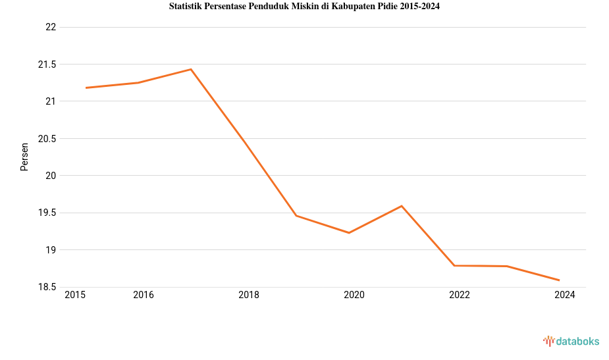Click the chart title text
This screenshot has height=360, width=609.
click(304, 7)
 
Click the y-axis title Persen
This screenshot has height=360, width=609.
click(24, 157)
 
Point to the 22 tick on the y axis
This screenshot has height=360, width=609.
click(51, 27)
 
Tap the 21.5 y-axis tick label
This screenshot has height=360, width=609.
click(47, 64)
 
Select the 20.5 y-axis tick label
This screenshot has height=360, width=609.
click(47, 139)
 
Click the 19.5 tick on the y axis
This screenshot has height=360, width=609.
click(47, 213)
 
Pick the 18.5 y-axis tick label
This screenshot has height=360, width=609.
click(47, 287)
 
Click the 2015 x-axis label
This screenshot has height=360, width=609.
click(75, 296)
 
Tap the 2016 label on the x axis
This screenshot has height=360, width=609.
click(144, 296)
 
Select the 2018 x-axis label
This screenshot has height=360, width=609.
click(249, 296)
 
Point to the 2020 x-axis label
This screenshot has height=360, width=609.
click(354, 296)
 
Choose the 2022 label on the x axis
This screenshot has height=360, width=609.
click(460, 296)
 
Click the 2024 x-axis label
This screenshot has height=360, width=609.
click(565, 296)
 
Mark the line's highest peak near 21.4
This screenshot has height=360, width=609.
click(191, 69)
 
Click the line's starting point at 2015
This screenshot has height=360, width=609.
click(86, 88)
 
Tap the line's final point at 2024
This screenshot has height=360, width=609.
click(559, 280)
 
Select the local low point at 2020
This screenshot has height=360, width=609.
click(349, 232)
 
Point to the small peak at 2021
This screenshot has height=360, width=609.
click(402, 206)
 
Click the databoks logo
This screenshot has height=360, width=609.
click(571, 341)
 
